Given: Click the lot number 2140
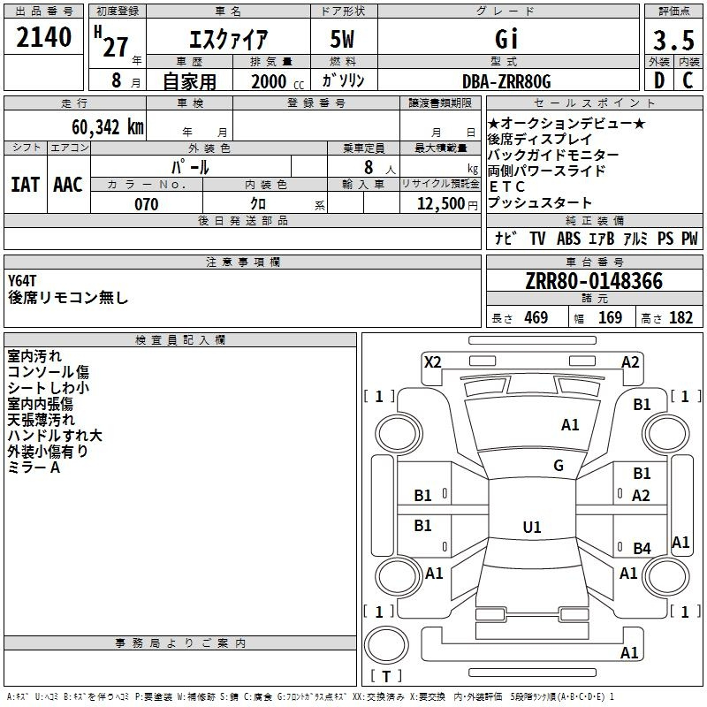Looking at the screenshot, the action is [x=43, y=37].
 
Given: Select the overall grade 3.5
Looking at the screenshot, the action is [x=673, y=41].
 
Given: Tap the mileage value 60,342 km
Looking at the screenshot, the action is [x=108, y=127].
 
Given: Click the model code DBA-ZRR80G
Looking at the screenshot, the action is [x=506, y=81].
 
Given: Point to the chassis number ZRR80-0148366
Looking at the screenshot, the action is [x=594, y=281].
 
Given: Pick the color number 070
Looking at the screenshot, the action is [x=147, y=204].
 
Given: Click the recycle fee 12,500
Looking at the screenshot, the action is [x=440, y=204].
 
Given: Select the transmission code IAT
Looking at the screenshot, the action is [x=26, y=185].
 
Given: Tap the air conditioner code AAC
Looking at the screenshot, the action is [x=68, y=185].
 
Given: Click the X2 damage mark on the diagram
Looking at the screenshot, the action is [x=433, y=362].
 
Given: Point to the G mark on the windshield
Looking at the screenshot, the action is [x=559, y=466].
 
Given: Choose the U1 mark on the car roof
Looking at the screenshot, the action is [x=532, y=527].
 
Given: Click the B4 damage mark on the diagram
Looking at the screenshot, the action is [x=642, y=548].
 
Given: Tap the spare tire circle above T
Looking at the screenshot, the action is [x=386, y=645].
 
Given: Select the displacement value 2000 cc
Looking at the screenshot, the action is [x=277, y=81].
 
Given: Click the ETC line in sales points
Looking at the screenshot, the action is [x=506, y=186].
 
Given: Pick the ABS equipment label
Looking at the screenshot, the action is [x=568, y=239].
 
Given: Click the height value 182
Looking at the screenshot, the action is [x=680, y=318].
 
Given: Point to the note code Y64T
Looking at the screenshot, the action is [x=21, y=281].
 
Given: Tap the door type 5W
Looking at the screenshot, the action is [x=342, y=39].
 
